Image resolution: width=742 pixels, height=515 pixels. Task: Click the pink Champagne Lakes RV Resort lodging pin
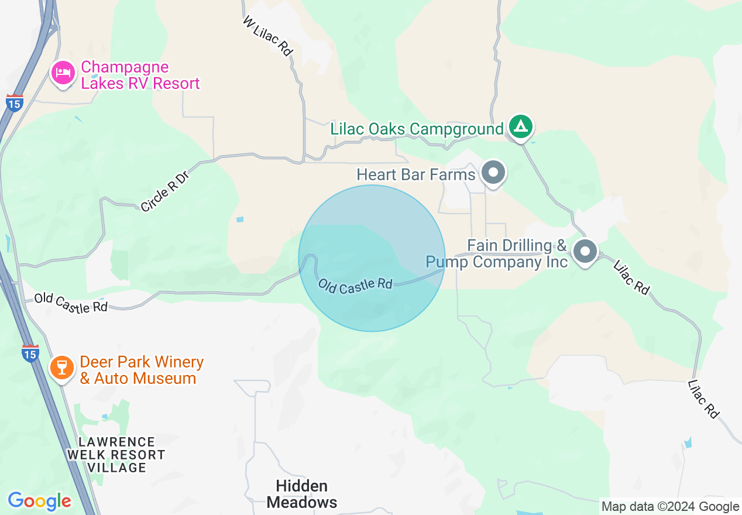(64, 74)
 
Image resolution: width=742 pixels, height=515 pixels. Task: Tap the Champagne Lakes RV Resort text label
(140, 76)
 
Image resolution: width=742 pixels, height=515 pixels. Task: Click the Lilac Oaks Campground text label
(417, 129)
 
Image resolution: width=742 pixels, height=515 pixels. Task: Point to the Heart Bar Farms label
(415, 174)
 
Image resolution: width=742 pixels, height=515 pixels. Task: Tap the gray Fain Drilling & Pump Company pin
(584, 252)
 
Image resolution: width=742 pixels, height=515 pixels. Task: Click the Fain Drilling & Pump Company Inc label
(496, 253)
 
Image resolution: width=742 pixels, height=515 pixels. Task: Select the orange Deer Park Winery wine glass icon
(61, 368)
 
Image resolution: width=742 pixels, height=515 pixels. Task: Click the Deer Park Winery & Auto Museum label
(141, 370)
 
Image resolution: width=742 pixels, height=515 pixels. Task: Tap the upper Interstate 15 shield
(15, 103)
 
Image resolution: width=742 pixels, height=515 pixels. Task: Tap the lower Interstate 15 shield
(30, 353)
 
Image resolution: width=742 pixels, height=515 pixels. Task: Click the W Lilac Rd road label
(267, 36)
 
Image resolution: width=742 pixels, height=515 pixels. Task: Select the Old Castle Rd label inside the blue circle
(355, 284)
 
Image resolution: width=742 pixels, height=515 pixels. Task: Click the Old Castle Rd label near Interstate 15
(71, 303)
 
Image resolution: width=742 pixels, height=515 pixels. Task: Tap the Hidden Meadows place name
(302, 494)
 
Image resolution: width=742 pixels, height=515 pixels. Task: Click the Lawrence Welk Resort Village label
(116, 455)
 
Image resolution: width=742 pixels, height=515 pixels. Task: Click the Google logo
(39, 501)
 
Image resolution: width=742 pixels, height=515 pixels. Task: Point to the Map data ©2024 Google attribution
(670, 507)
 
